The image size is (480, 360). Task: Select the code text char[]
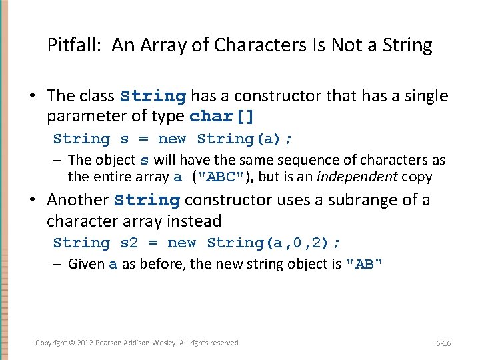pyautogui.click(x=221, y=117)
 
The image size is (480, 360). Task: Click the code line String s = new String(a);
pyautogui.click(x=173, y=139)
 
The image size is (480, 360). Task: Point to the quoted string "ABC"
pyautogui.click(x=218, y=177)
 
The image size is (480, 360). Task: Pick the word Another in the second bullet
pyautogui.click(x=77, y=200)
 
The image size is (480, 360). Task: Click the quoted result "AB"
pyautogui.click(x=364, y=264)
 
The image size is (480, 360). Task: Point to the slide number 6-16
pyautogui.click(x=443, y=343)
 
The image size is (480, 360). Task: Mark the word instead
pyautogui.click(x=197, y=221)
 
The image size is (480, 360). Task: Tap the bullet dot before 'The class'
pyautogui.click(x=32, y=97)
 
